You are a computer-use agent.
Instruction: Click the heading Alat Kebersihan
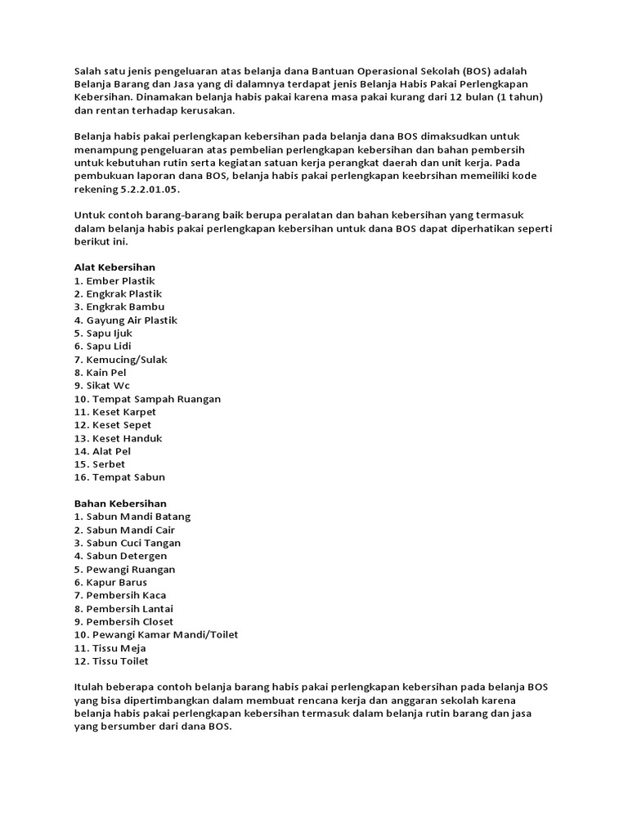click(114, 267)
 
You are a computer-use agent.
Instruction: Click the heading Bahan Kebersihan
click(120, 504)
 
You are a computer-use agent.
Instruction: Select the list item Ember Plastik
click(114, 280)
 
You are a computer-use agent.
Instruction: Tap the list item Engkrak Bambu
click(119, 307)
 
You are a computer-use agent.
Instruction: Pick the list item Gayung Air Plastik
click(126, 320)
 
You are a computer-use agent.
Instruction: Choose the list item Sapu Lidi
click(102, 346)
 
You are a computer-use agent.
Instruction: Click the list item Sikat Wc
click(101, 385)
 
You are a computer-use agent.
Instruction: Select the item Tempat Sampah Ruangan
click(147, 399)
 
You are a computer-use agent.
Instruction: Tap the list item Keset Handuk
click(118, 438)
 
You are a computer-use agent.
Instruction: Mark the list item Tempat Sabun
click(119, 477)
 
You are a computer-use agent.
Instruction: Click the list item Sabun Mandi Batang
click(132, 517)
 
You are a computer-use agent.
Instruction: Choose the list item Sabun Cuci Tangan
click(128, 543)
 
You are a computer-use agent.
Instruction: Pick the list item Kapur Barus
click(110, 582)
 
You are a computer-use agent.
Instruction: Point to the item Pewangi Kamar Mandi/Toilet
click(156, 634)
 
